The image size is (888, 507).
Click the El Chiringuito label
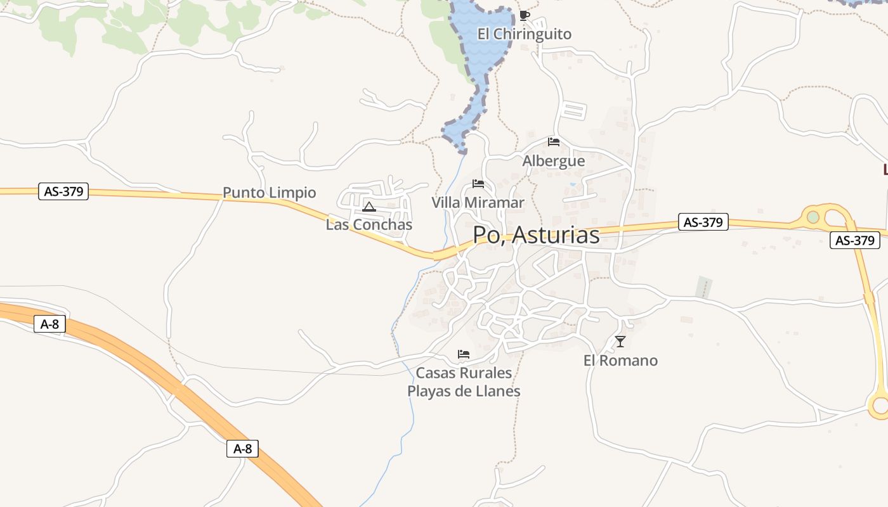525,34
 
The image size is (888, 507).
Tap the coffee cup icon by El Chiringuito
524,15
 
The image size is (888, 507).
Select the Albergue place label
553,161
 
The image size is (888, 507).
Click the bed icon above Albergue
554,141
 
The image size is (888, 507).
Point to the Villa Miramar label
478,203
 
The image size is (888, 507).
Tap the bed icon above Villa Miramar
478,184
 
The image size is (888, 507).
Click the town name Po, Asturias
536,235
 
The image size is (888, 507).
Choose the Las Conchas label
369,224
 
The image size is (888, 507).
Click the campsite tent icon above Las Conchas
369,206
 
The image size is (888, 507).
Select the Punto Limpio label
269,193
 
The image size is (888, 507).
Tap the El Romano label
620,361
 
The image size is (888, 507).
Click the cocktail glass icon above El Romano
620,342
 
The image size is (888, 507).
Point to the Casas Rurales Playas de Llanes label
464,382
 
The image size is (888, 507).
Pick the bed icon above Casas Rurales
464,354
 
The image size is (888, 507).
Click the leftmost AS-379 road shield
63,191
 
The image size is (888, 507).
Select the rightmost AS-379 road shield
855,240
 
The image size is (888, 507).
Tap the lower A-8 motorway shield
242,449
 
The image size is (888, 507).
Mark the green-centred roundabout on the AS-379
813,217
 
